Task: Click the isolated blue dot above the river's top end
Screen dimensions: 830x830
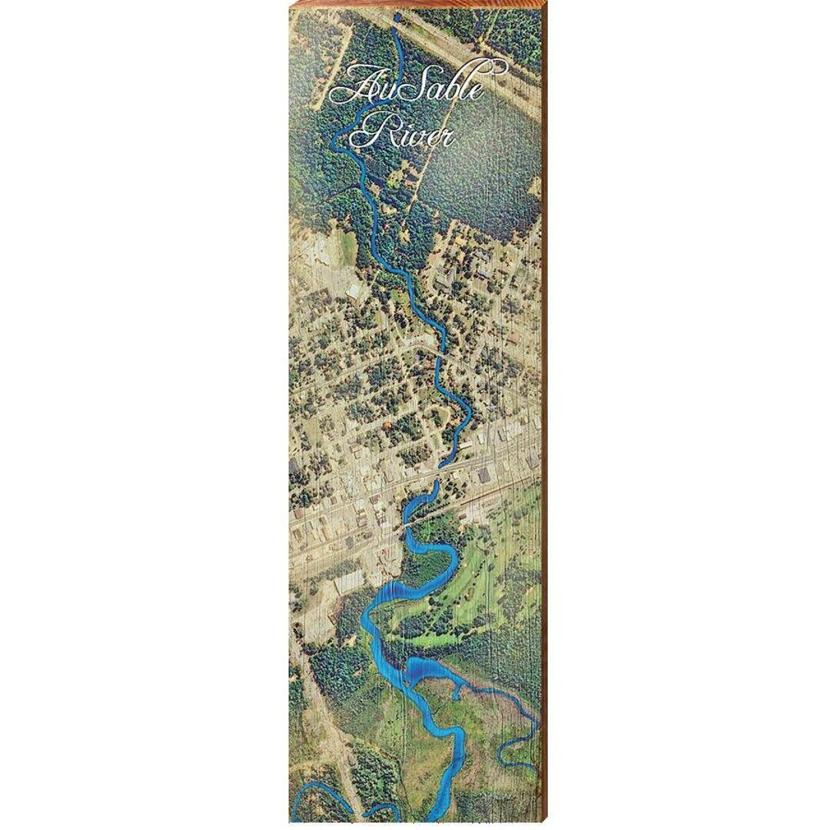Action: tap(397, 16)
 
